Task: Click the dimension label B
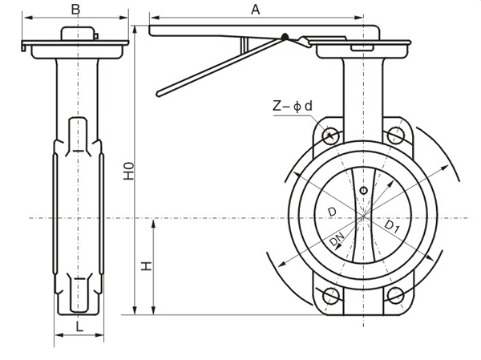75,9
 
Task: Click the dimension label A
255,9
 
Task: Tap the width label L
78,326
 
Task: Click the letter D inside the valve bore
332,212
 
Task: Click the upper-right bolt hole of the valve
395,135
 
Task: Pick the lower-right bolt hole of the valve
395,295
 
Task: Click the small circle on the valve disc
363,190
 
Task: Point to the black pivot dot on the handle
283,36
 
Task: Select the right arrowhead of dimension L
100,338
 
